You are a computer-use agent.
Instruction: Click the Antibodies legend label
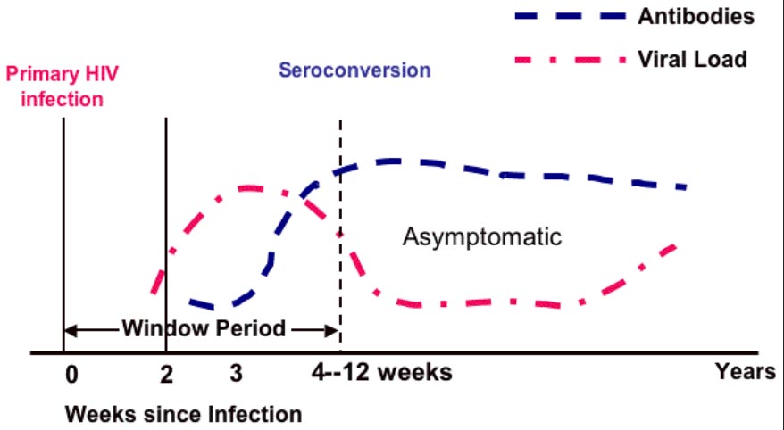(696, 17)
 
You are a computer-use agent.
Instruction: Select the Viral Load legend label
(693, 60)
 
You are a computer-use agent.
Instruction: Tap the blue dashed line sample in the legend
(571, 16)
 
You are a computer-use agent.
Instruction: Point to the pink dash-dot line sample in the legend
(571, 60)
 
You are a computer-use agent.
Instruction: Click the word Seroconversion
(354, 70)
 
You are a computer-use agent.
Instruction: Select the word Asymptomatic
(482, 236)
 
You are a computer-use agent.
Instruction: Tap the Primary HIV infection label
(62, 87)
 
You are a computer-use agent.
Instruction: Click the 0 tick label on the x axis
(72, 375)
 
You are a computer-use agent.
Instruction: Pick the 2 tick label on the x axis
(166, 375)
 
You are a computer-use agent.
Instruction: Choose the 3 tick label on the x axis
(237, 374)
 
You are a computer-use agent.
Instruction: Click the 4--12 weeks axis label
(381, 373)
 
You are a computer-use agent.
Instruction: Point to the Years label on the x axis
(745, 372)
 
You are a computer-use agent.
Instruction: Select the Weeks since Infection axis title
(184, 415)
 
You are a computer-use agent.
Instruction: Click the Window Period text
(204, 328)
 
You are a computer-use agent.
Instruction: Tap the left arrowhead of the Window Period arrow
(70, 330)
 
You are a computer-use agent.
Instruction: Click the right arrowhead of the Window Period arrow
(332, 330)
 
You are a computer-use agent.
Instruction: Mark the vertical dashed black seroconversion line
(340, 236)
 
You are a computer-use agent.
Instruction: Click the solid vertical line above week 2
(166, 236)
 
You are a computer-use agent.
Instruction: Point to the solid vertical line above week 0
(63, 236)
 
